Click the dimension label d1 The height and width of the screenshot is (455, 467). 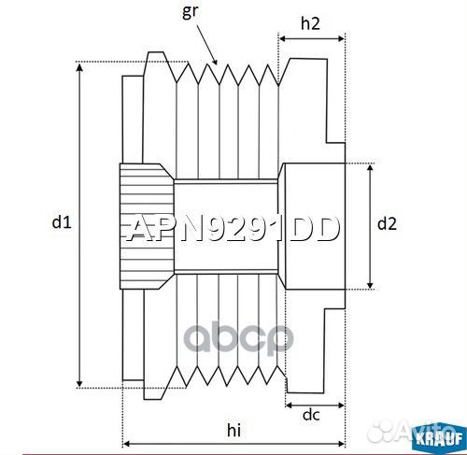(61, 222)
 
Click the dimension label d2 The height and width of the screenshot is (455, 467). (386, 223)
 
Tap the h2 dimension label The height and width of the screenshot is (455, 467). (311, 24)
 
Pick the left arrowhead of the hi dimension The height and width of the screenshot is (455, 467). (127, 442)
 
